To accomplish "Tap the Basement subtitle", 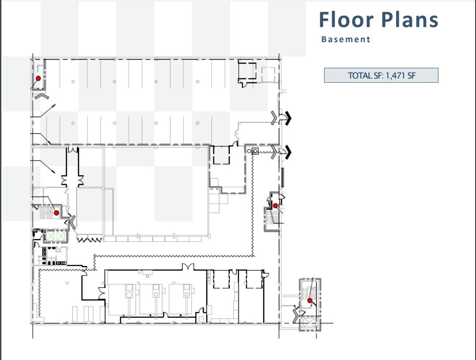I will click(346, 39).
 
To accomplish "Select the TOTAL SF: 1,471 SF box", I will click(381, 75).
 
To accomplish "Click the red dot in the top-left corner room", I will click(38, 78).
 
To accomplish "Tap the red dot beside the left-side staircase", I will click(57, 213).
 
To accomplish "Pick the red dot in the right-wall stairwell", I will click(275, 206).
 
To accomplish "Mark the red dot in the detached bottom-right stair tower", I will click(310, 300).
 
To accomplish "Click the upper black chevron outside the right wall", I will click(288, 118).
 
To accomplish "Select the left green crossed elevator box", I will click(50, 236).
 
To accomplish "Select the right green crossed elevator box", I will click(61, 236).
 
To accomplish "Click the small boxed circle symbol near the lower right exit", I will click(255, 151).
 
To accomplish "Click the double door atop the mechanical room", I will click(188, 267).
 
